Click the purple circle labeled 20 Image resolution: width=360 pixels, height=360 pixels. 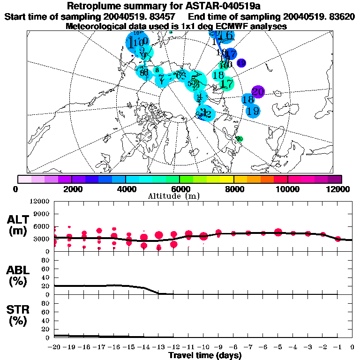(258, 92)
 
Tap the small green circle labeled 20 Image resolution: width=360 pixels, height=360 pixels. (240, 139)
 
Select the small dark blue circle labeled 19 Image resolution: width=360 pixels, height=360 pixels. (241, 63)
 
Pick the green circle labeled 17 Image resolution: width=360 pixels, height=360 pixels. (227, 84)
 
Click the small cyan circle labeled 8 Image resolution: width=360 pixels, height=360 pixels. (157, 70)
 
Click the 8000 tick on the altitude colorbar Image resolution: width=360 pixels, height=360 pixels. (233, 179)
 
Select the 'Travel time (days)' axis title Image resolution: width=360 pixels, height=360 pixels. (205, 356)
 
